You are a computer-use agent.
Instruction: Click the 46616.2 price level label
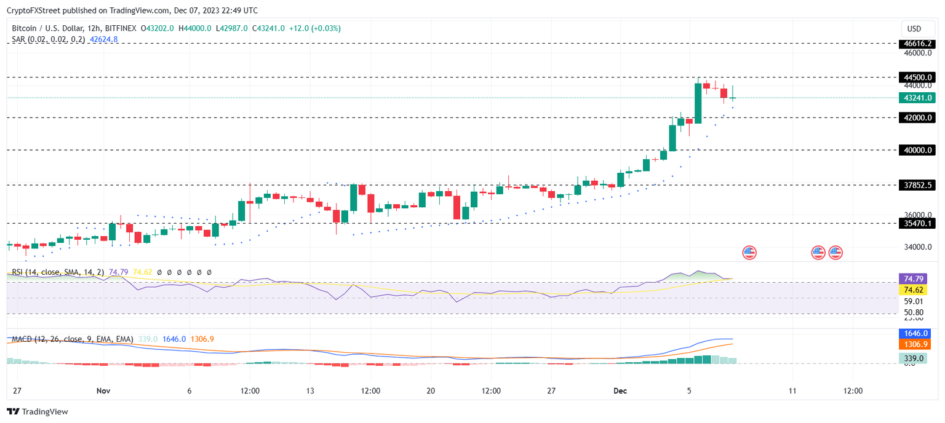[917, 44]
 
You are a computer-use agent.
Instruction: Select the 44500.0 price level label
[917, 77]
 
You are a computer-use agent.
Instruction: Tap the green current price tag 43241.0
[917, 98]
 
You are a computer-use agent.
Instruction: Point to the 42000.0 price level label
[917, 117]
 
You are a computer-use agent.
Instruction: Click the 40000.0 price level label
[917, 150]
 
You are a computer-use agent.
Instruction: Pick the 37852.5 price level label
[917, 185]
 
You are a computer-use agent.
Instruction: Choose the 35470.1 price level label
[917, 224]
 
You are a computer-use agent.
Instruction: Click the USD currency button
[914, 29]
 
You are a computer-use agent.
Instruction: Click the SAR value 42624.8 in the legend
[103, 39]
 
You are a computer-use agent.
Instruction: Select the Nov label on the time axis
[103, 391]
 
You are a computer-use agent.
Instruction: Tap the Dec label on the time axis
[621, 391]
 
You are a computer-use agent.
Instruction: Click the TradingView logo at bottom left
[38, 412]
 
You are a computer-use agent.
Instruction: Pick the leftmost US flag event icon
[749, 252]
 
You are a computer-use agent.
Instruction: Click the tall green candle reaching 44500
[698, 103]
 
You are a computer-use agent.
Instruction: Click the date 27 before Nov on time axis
[17, 391]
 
